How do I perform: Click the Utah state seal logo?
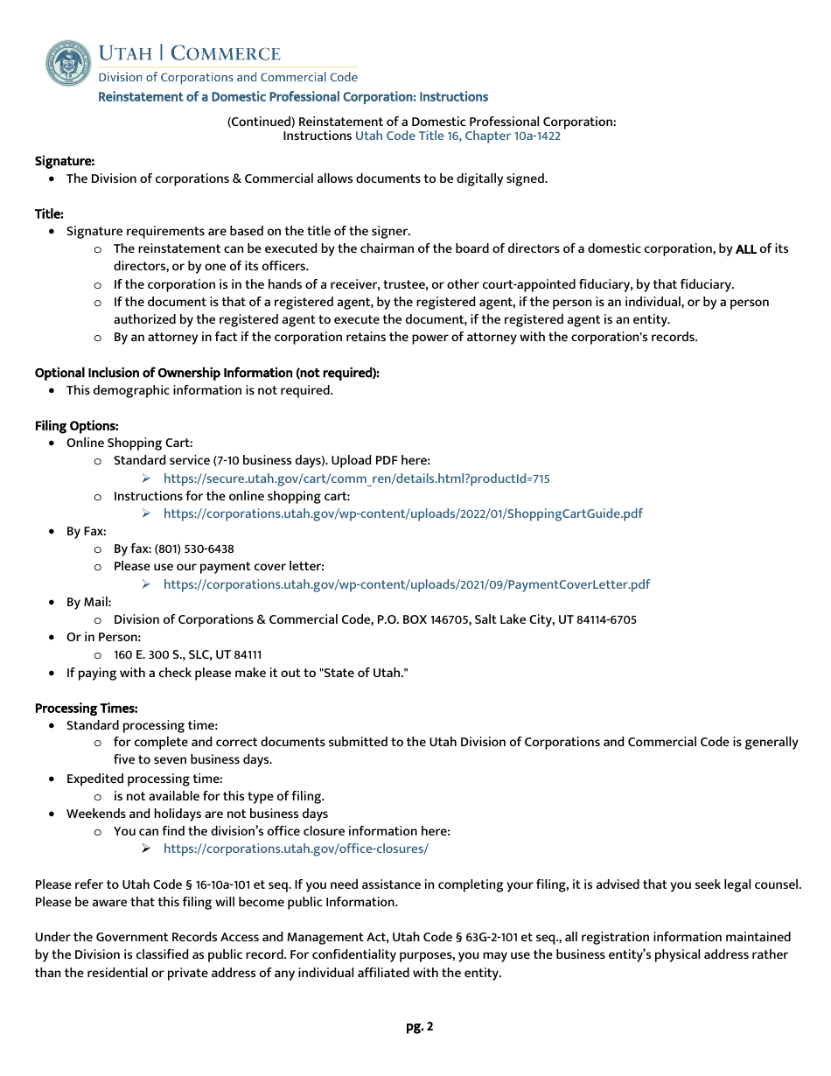[68, 62]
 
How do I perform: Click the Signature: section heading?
[65, 161]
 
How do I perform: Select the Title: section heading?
[49, 213]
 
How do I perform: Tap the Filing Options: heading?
[77, 426]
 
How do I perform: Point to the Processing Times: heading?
[86, 709]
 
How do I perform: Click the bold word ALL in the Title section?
[745, 249]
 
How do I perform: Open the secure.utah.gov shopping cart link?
[356, 479]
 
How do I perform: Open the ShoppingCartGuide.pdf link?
[402, 514]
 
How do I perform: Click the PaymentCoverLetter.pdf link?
[406, 584]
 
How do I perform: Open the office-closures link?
[296, 849]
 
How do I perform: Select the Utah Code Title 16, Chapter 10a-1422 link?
[457, 136]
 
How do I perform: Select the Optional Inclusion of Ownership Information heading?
[206, 373]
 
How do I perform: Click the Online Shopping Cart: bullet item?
[129, 444]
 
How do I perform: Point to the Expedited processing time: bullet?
[144, 779]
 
